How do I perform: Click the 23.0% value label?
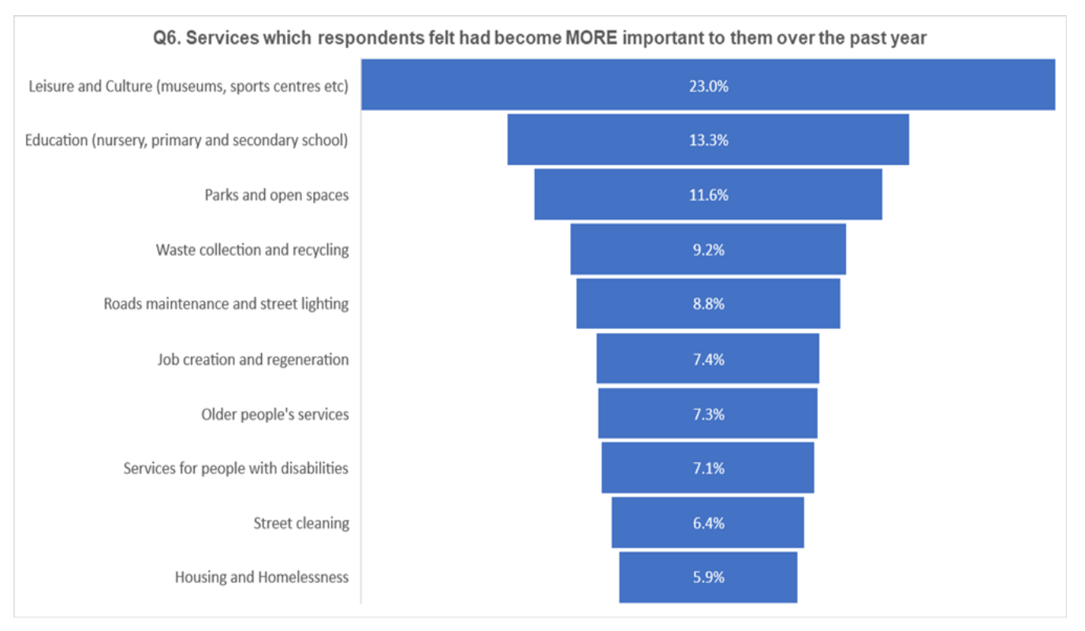(x=708, y=86)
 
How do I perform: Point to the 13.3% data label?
(x=708, y=140)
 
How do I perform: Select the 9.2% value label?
(x=708, y=250)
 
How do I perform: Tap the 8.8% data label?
(x=708, y=304)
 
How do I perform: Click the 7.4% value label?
(x=708, y=360)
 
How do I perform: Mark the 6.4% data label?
(x=708, y=523)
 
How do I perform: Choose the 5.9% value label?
(x=708, y=577)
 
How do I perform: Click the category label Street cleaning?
(x=300, y=523)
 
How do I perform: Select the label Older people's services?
(x=274, y=414)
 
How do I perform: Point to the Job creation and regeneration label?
(x=252, y=360)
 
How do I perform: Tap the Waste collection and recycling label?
(x=252, y=250)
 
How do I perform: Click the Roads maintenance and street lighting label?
(x=226, y=304)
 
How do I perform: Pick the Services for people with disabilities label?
(x=235, y=469)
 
